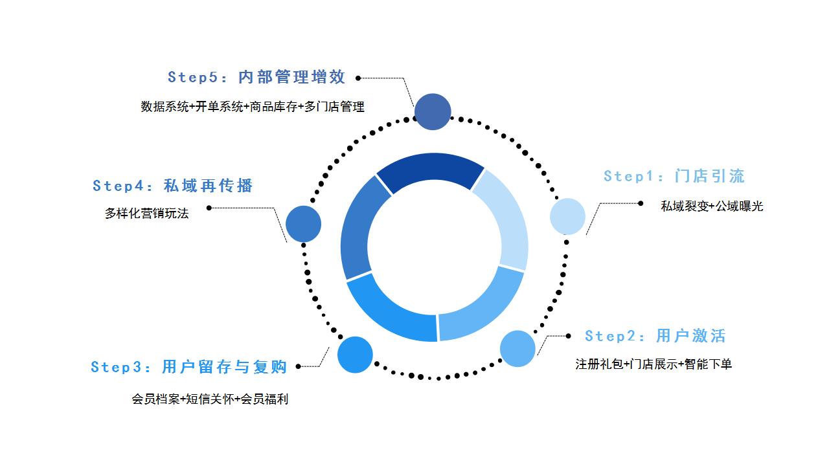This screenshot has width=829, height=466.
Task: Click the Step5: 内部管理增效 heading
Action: click(256, 77)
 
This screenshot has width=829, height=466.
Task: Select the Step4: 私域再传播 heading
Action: click(172, 186)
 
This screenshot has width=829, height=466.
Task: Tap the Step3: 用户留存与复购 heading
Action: click(188, 367)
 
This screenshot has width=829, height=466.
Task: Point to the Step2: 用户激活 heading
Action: click(655, 336)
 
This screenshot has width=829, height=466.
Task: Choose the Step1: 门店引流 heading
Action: click(674, 176)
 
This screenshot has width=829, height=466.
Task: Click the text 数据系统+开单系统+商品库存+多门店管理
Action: click(253, 107)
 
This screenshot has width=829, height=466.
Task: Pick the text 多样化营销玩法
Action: click(146, 214)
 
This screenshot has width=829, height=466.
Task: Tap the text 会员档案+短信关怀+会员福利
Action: click(210, 399)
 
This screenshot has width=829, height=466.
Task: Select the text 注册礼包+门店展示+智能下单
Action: click(653, 364)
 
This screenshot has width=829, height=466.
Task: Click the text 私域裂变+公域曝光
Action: click(712, 206)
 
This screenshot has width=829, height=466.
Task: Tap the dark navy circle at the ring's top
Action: click(433, 112)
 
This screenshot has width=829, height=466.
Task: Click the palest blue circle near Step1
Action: click(567, 216)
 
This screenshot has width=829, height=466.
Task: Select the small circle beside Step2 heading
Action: click(517, 349)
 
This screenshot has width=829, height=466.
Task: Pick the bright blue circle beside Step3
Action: click(355, 355)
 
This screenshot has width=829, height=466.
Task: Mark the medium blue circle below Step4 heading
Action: click(303, 224)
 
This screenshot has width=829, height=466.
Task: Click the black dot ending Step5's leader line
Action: click(358, 78)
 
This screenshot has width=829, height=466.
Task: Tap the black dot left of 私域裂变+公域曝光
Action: click(641, 203)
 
